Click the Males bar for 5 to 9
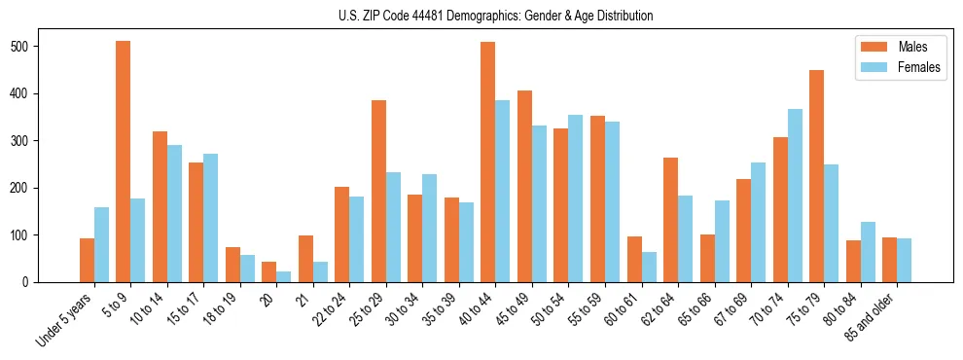(124, 162)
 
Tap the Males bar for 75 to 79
(816, 176)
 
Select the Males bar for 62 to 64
(670, 220)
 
